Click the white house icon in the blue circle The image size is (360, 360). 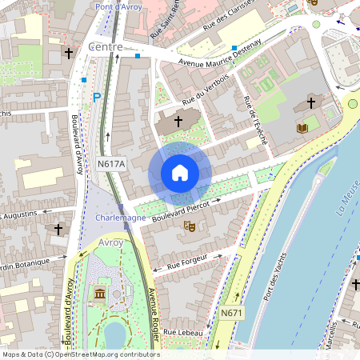pyautogui.click(x=180, y=173)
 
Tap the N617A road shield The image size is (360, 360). pyautogui.click(x=112, y=164)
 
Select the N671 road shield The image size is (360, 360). pyautogui.click(x=232, y=312)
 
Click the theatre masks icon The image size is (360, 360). pyautogui.click(x=190, y=226)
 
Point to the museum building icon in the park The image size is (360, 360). pyautogui.click(x=100, y=296)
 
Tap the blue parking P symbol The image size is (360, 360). pyautogui.click(x=97, y=98)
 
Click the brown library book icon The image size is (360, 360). pyautogui.click(x=302, y=128)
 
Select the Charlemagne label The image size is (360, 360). pyautogui.click(x=120, y=218)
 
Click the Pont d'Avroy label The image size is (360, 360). pyautogui.click(x=120, y=7)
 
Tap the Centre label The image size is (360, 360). pyautogui.click(x=106, y=47)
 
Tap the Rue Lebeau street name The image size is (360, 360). pyautogui.click(x=180, y=331)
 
